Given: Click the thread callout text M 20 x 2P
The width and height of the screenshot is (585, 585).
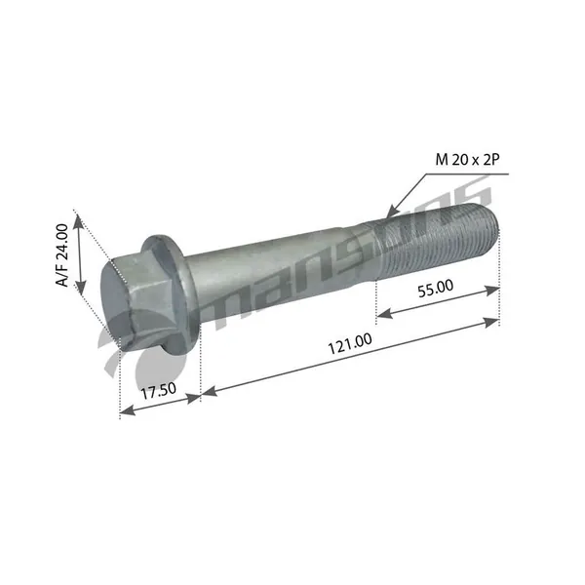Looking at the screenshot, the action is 467,160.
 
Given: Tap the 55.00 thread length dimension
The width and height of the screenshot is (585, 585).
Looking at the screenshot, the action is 436,289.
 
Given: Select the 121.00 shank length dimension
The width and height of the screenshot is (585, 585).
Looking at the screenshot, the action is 350,343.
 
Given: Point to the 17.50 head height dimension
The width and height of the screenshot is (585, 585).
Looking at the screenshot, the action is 159,390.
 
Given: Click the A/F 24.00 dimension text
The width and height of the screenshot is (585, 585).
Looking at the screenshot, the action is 62,254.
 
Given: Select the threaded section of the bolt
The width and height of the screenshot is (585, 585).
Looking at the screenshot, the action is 437,243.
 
